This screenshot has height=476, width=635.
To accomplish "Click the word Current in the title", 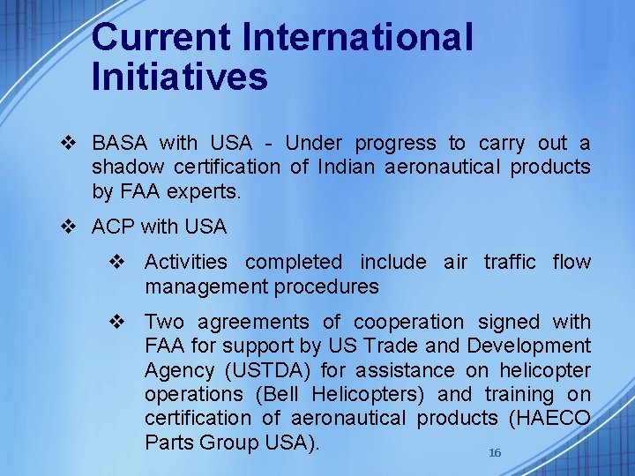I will pyautogui.click(x=159, y=38).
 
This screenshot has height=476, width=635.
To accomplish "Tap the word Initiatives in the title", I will pyautogui.click(x=179, y=78).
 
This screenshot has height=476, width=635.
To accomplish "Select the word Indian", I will pyautogui.click(x=345, y=167).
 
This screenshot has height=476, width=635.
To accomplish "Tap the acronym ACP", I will pyautogui.click(x=113, y=227).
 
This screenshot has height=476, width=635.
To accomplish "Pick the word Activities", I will pyautogui.click(x=186, y=263).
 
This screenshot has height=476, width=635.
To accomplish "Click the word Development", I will pyautogui.click(x=529, y=346).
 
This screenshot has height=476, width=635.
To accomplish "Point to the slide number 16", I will pyautogui.click(x=495, y=452).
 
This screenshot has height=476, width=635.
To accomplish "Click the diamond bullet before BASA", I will pyautogui.click(x=73, y=144).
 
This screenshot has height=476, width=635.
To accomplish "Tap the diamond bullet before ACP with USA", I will pyautogui.click(x=73, y=227).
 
